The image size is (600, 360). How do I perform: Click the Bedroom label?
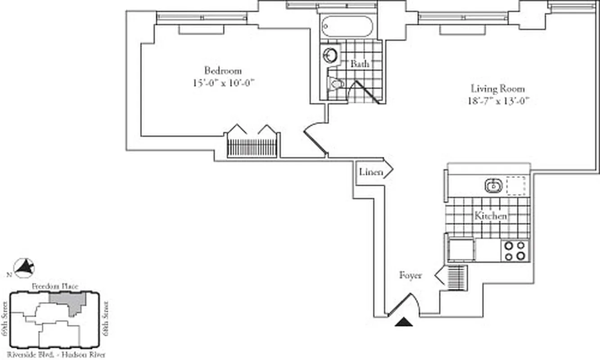coord(223,71)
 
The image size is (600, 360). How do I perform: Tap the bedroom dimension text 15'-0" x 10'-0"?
coord(223,83)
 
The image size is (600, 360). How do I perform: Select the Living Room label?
coord(497,89)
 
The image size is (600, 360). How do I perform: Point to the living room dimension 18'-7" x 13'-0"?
coord(497,101)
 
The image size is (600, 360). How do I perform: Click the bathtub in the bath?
coord(348,27)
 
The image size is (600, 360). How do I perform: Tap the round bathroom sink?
coord(330,55)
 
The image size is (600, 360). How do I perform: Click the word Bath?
coord(360,64)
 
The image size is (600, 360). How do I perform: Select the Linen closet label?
coord(371,172)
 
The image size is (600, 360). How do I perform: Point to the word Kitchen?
coord(490,216)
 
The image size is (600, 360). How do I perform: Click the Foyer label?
coord(411,275)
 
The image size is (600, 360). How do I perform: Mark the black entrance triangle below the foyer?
coord(404,322)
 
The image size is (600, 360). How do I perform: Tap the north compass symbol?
coord(25,268)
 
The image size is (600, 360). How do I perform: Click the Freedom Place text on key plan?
coord(55,286)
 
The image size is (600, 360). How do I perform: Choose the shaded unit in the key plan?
coord(68,301)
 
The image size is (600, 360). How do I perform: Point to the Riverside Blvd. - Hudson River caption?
coord(56,355)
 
